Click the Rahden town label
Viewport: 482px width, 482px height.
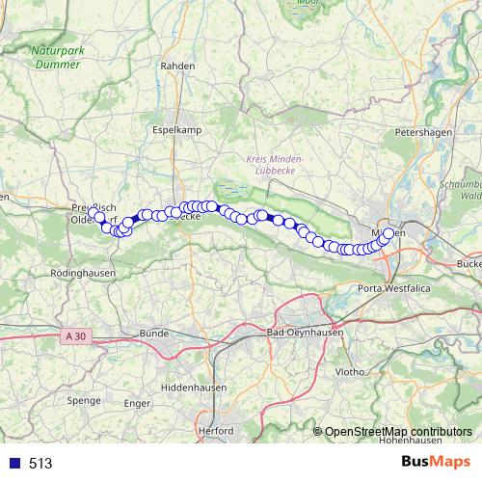pos(178,66)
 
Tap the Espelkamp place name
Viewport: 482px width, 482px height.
pos(174,127)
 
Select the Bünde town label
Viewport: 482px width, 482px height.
pos(154,334)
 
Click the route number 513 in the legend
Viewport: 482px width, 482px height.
pos(40,464)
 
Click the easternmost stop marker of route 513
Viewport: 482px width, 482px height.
pos(388,233)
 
